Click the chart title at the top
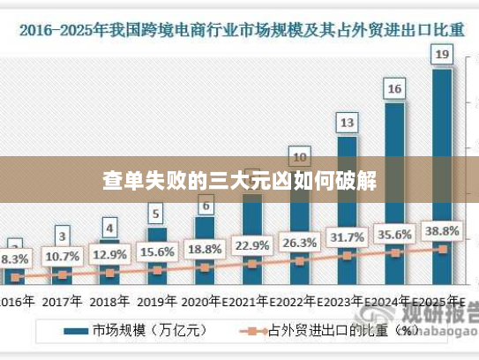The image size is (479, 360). (239, 30)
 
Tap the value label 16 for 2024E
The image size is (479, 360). (394, 89)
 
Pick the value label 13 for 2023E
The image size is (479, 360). (347, 123)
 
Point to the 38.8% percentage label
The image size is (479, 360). (441, 231)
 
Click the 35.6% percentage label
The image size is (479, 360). (394, 235)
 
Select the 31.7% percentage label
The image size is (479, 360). (347, 237)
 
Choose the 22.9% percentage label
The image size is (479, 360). (251, 245)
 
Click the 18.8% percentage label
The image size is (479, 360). (205, 249)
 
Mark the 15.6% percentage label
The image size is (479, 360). (157, 252)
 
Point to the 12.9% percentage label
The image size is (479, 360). (109, 255)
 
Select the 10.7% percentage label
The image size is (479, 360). (62, 257)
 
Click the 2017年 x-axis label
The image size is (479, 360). (62, 300)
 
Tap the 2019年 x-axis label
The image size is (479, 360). (157, 300)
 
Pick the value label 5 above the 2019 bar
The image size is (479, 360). (156, 214)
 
